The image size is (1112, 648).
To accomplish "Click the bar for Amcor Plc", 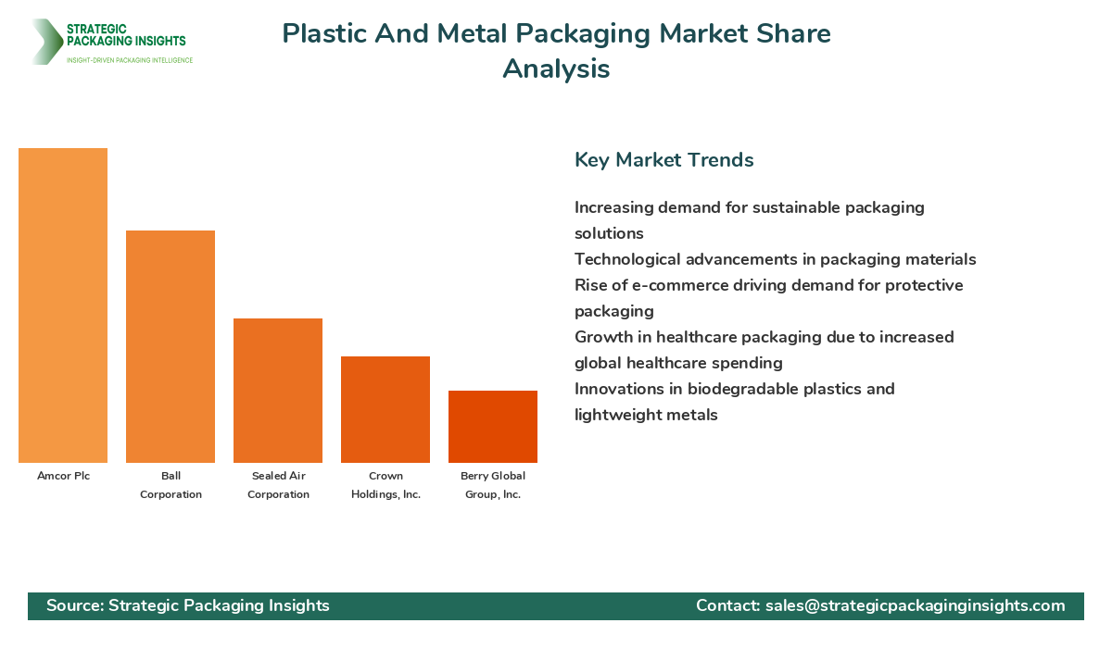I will (x=63, y=305).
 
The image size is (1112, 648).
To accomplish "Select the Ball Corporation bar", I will (x=171, y=346).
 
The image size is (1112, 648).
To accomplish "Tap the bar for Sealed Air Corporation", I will (x=278, y=391).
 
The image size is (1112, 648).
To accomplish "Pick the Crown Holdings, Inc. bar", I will (x=385, y=409).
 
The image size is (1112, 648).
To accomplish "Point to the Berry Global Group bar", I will (x=493, y=427).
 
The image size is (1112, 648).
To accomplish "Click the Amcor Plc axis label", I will (x=63, y=476).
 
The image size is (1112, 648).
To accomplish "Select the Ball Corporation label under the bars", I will (x=171, y=485).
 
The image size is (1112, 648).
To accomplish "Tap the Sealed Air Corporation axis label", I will (x=278, y=485).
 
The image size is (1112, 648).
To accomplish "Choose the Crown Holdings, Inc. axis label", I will (x=385, y=485).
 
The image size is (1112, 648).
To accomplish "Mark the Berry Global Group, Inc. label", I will (x=493, y=485).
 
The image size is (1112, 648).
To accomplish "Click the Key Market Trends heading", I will (x=663, y=160).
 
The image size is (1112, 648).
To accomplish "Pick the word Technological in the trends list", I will (x=631, y=259).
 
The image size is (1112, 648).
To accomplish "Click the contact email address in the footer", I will (x=915, y=605).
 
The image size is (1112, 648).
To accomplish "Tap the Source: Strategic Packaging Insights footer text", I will (x=188, y=605).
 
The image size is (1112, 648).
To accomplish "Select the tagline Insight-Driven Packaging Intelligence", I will (x=130, y=60).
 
